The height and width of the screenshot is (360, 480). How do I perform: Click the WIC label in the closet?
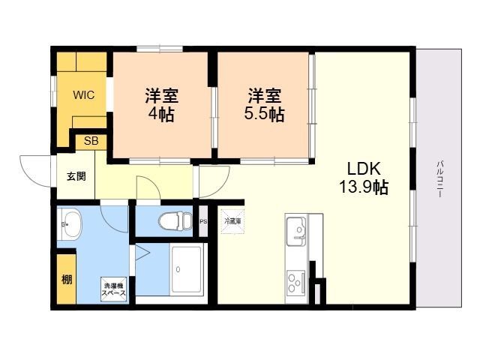coord(83,95)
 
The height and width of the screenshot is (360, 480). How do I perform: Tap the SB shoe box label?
coord(90,140)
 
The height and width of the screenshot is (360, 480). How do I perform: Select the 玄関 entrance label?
coord(76,177)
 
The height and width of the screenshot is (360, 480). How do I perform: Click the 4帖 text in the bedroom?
coord(160,115)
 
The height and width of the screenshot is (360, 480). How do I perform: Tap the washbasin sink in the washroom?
coord(71,223)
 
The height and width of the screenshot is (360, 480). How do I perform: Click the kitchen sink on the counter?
coord(296,229)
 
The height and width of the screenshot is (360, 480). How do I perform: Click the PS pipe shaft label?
coord(203,220)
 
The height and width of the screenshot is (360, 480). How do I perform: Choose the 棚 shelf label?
coord(67,280)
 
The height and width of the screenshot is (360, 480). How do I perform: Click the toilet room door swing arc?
coord(148,188)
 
